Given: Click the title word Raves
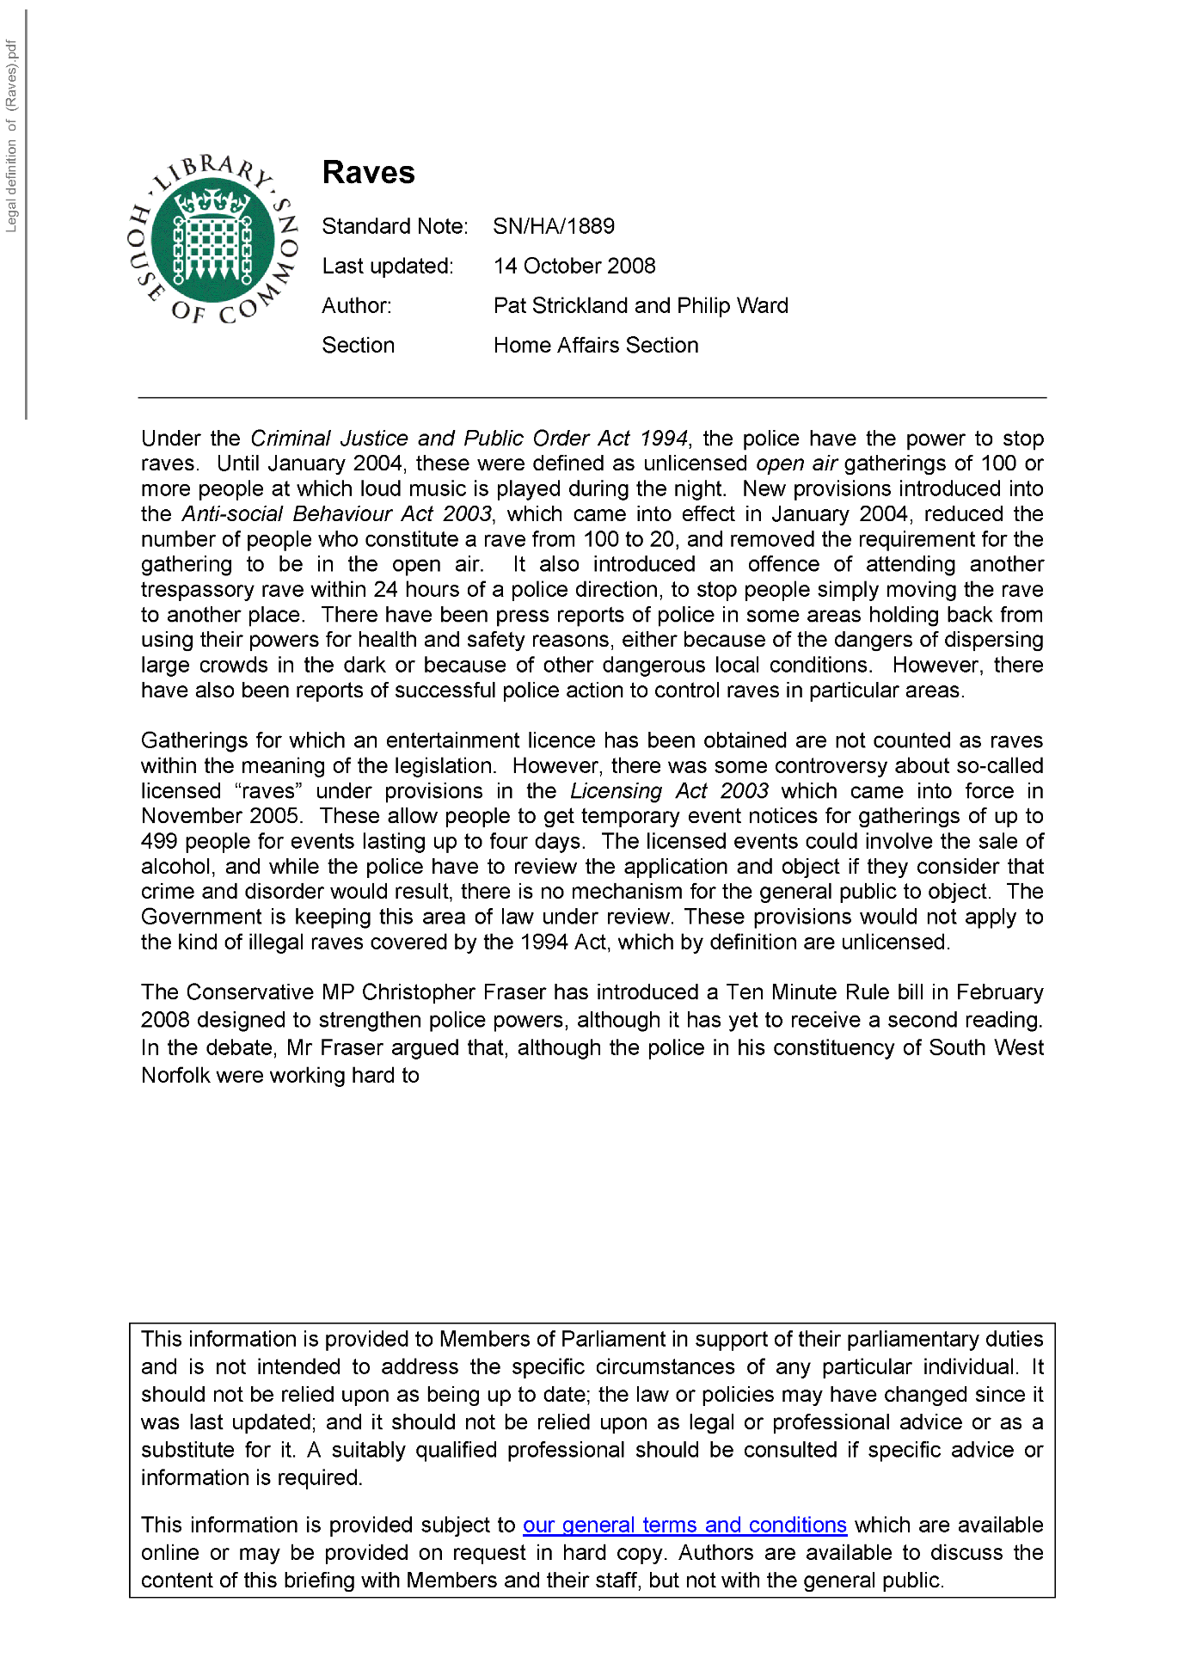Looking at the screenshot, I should coord(368,173).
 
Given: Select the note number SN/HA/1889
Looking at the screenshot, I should coord(554,226).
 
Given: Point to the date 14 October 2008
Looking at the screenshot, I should coord(574,266).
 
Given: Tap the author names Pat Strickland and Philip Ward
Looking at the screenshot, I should coord(641,305).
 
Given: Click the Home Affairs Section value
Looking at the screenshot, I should coord(596,345).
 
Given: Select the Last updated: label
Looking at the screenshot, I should coord(388,266).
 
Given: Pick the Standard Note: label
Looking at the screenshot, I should coord(395,226).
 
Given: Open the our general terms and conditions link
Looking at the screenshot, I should coord(684,1525).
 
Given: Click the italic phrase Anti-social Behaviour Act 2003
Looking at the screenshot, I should coord(336,514).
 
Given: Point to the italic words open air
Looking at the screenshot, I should coord(796,464).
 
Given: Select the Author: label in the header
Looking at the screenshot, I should coord(357,305).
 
